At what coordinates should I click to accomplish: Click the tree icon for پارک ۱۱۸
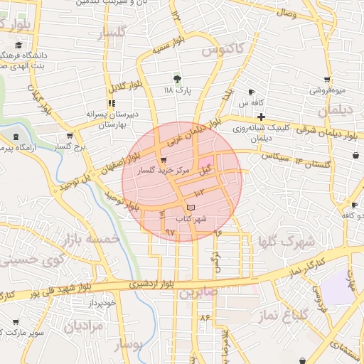point(178,78)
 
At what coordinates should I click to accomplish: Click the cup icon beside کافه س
point(251,92)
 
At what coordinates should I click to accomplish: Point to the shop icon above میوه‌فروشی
point(326,80)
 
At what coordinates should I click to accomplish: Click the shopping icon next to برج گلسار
point(69,135)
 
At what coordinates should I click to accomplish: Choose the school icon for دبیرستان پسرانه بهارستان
point(112,104)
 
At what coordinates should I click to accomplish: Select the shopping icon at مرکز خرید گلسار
point(165,160)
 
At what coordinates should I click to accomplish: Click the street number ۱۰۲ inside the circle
point(198,193)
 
